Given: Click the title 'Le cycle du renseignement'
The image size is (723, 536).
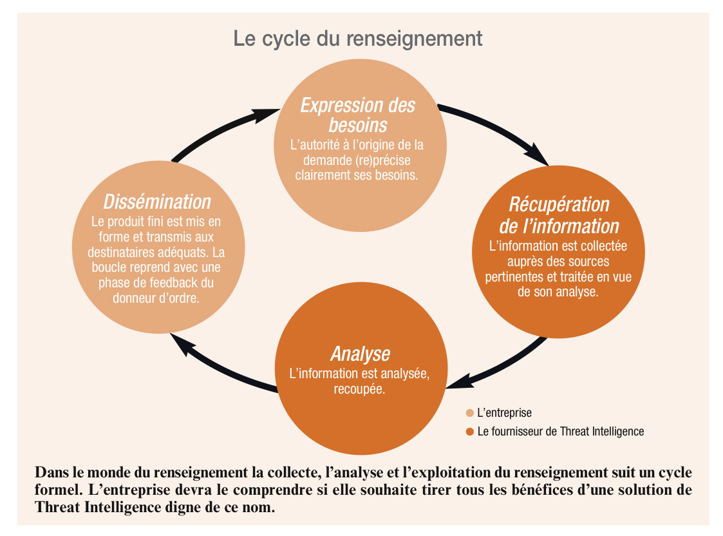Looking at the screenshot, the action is (358, 39).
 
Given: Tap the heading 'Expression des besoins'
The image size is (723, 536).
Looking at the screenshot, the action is (358, 115).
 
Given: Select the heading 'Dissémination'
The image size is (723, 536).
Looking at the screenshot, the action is (157, 202).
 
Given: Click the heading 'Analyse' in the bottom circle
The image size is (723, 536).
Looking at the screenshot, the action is (361, 354).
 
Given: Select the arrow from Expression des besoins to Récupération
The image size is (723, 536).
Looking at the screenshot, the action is (498, 128).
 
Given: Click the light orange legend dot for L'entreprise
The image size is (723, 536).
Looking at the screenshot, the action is (470, 413).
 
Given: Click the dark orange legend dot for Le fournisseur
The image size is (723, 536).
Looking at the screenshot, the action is (470, 432).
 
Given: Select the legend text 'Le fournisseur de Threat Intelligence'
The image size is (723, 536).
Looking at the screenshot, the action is (561, 431).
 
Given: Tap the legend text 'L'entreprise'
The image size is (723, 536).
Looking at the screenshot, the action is (505, 413).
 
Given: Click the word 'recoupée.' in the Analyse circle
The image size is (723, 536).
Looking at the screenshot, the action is (359, 389).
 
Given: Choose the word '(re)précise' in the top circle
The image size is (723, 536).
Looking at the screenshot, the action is (382, 160).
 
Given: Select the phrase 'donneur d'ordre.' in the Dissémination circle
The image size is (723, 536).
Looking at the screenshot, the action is (156, 298).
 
